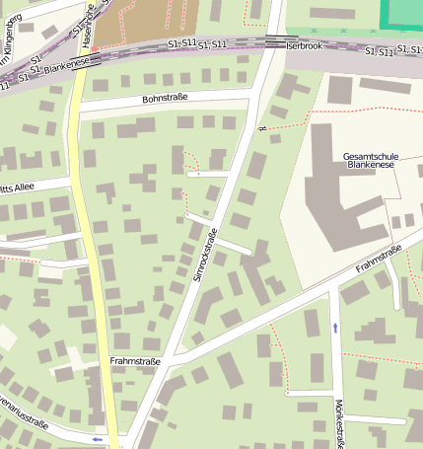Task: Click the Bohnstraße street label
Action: pyautogui.click(x=165, y=99)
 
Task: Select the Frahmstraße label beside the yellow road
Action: pyautogui.click(x=134, y=362)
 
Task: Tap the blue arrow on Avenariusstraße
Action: pyautogui.click(x=97, y=438)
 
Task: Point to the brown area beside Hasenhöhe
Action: pyautogui.click(x=159, y=20)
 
